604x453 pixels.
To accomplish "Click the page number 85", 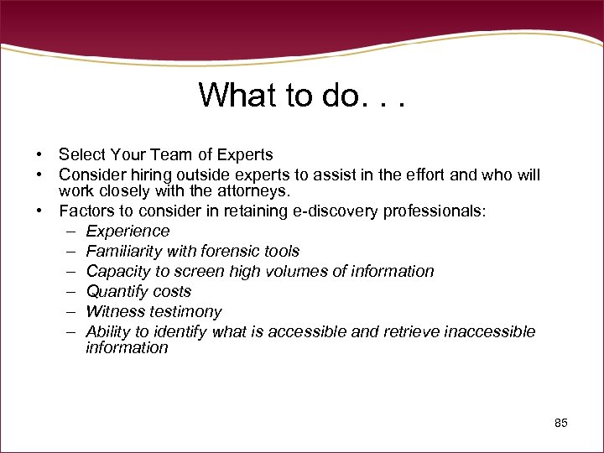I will (561, 423).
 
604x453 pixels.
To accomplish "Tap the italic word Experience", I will (128, 231).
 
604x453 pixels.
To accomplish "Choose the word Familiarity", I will (127, 251).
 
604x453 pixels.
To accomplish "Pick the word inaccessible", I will (489, 331).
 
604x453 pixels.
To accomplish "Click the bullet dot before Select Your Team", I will (39, 155).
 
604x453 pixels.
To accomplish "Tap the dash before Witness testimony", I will (68, 311).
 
